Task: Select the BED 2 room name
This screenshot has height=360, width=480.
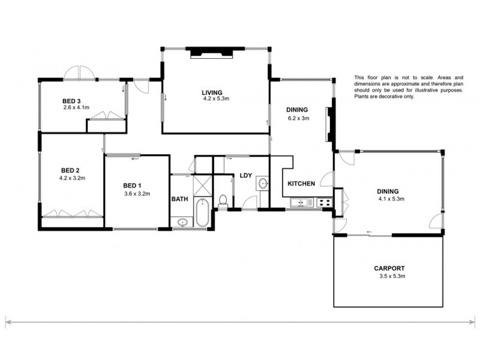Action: [x=71, y=170]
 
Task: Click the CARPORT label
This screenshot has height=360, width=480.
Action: [x=388, y=268]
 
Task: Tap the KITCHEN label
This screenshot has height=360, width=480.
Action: [x=301, y=184]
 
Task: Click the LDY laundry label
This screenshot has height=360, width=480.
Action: [x=245, y=176]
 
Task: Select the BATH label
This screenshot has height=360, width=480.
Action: [x=179, y=199]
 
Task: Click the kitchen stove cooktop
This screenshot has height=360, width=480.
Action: [x=324, y=203]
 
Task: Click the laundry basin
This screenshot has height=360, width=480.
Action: [x=263, y=183]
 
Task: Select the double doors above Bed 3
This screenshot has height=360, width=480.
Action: [x=80, y=73]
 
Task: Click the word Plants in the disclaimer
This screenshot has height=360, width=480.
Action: [x=360, y=97]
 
